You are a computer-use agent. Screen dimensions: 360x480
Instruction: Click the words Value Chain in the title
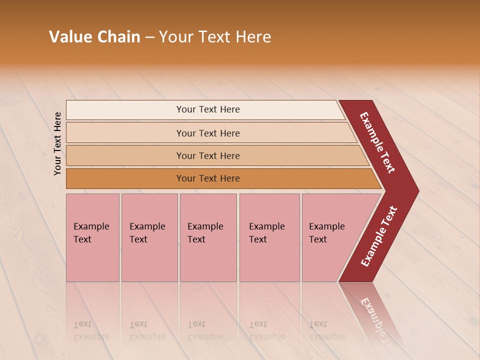(x=94, y=37)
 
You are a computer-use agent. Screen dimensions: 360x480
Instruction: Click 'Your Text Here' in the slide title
(x=215, y=37)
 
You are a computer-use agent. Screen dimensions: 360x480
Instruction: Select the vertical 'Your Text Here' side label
(x=57, y=143)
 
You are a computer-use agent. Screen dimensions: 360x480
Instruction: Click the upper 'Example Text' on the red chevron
(x=377, y=143)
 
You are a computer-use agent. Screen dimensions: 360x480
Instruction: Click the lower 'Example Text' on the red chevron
(x=379, y=236)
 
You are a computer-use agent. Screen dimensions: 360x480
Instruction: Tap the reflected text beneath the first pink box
(x=91, y=330)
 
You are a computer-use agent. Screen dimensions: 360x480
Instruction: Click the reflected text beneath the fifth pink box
(x=326, y=330)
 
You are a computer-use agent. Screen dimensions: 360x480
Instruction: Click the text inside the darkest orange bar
(x=208, y=178)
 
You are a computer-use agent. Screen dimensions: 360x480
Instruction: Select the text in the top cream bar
(x=208, y=109)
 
